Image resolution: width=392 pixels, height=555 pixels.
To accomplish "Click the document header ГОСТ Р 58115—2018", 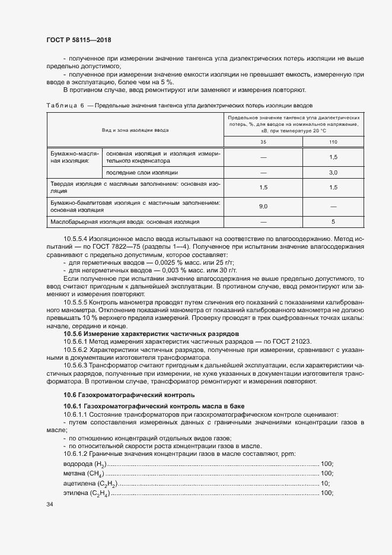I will click(78, 40).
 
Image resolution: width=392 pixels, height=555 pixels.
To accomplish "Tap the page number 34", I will click(50, 504).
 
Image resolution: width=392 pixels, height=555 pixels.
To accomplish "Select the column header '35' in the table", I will click(263, 142).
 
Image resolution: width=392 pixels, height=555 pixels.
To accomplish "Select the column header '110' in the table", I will click(333, 142).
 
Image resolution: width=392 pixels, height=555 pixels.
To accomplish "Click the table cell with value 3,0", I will click(333, 173).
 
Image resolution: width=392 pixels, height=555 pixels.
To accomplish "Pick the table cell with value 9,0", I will click(263, 206).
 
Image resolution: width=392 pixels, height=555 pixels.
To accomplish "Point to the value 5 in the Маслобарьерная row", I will click(333, 222).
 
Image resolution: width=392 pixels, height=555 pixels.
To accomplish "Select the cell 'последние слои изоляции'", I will click(142, 173).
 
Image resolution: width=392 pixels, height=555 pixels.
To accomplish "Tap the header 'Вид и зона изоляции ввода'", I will click(135, 129).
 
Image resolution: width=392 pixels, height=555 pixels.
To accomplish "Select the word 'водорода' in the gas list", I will click(77, 464).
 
